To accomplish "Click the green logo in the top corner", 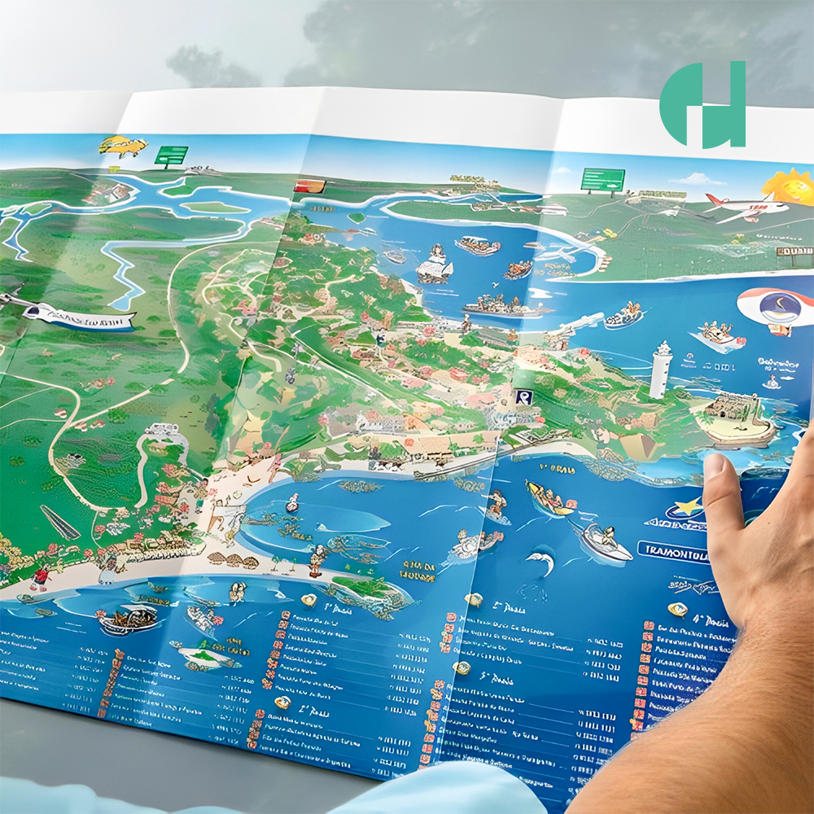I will [x=702, y=104].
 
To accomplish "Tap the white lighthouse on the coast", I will [x=660, y=370].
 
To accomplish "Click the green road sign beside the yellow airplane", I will [x=171, y=154].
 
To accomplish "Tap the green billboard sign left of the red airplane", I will [x=602, y=180].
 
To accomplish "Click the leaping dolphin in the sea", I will [x=540, y=561].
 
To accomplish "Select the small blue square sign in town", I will [x=523, y=396].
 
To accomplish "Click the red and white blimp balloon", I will [x=774, y=309].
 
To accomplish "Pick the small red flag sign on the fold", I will [x=310, y=186].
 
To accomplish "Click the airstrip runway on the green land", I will [x=60, y=522].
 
